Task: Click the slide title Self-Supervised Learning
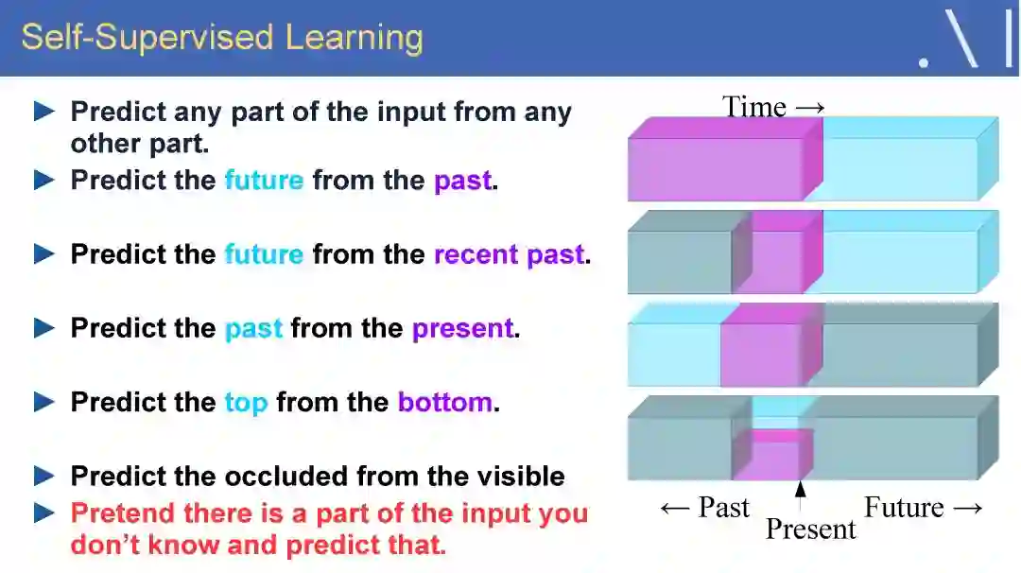coord(222,37)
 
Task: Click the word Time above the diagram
coord(754,107)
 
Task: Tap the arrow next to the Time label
coord(810,108)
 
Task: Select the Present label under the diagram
coord(811,529)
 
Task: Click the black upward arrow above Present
coord(801,496)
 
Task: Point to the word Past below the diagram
coord(723,507)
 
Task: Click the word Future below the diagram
coord(904,507)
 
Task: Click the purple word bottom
coord(444,402)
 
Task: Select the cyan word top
coord(246,403)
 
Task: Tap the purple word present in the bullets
coord(463,329)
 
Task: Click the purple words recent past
coord(509,254)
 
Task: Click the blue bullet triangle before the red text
coord(44,513)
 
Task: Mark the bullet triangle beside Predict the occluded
coord(44,476)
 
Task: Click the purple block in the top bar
coord(724,160)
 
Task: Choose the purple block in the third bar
coord(772,345)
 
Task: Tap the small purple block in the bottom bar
coord(773,455)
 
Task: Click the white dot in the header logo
coord(924,62)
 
